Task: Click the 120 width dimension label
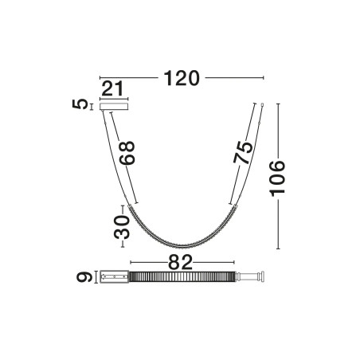point(182,78)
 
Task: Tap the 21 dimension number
point(112,88)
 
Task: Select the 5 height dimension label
point(80,104)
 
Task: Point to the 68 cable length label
point(127,153)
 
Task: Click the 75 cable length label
point(243,153)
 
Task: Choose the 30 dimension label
point(122,227)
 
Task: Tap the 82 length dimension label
point(180,262)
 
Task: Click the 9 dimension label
point(84,277)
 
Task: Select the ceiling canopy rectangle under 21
point(114,107)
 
